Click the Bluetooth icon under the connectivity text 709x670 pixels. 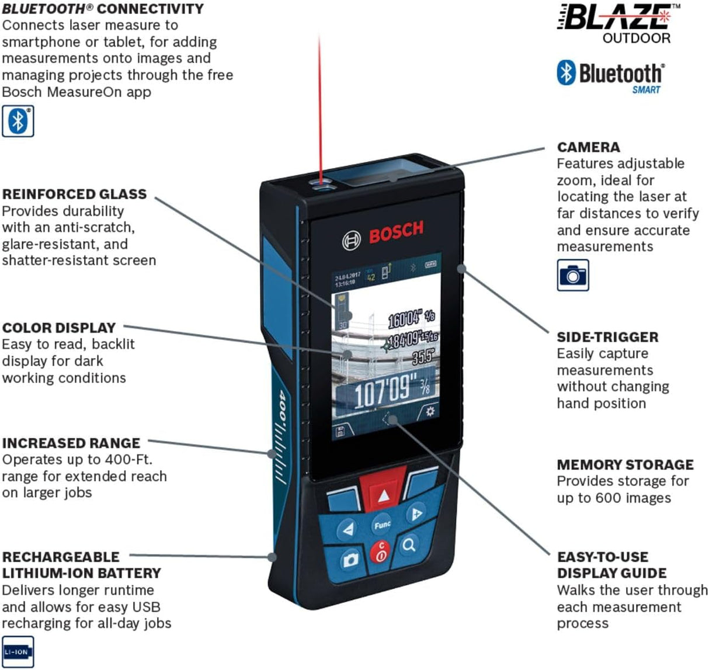18,121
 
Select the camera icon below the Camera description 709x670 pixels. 572,275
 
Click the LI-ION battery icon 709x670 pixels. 18,651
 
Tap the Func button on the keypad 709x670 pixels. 382,525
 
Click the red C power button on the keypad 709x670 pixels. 381,552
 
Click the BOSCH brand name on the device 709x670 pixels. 395,230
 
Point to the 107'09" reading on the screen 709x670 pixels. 385,391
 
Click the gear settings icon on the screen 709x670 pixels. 430,411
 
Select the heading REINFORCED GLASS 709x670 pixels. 74,195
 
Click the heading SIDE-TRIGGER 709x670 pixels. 607,337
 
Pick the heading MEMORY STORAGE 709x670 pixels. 625,465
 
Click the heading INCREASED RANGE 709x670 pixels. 71,443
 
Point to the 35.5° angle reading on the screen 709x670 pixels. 423,356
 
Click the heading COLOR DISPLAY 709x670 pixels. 59,328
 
